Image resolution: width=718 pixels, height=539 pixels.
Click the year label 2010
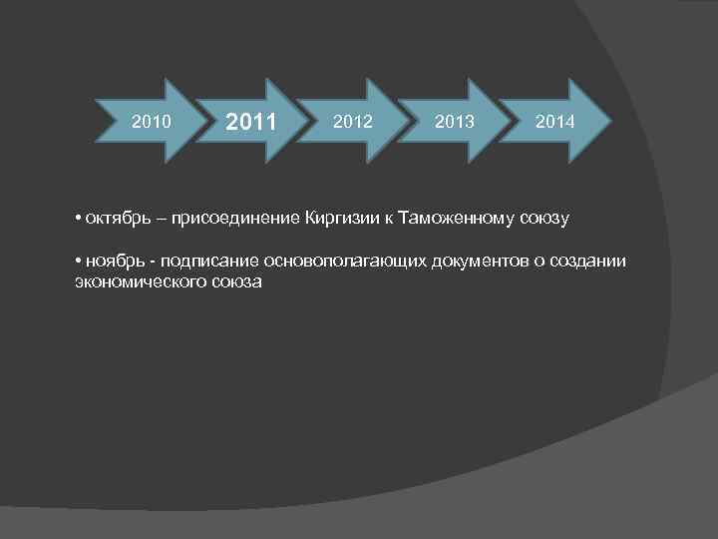click(x=153, y=122)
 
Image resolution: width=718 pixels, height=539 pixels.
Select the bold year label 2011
click(x=250, y=124)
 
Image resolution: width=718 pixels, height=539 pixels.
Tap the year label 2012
click(x=354, y=122)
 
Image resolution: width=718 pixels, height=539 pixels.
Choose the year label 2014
click(x=553, y=122)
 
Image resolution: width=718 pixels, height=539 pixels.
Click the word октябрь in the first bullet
click(x=113, y=217)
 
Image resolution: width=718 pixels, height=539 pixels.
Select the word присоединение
click(x=218, y=217)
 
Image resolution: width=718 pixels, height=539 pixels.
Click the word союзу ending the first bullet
click(x=539, y=218)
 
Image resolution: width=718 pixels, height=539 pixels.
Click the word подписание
click(x=203, y=262)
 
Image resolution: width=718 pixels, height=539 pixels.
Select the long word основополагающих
click(x=344, y=262)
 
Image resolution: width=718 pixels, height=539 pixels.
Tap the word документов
click(x=478, y=262)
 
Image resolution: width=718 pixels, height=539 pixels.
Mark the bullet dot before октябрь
click(x=78, y=217)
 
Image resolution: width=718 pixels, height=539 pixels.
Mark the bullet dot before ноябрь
click(x=78, y=261)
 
